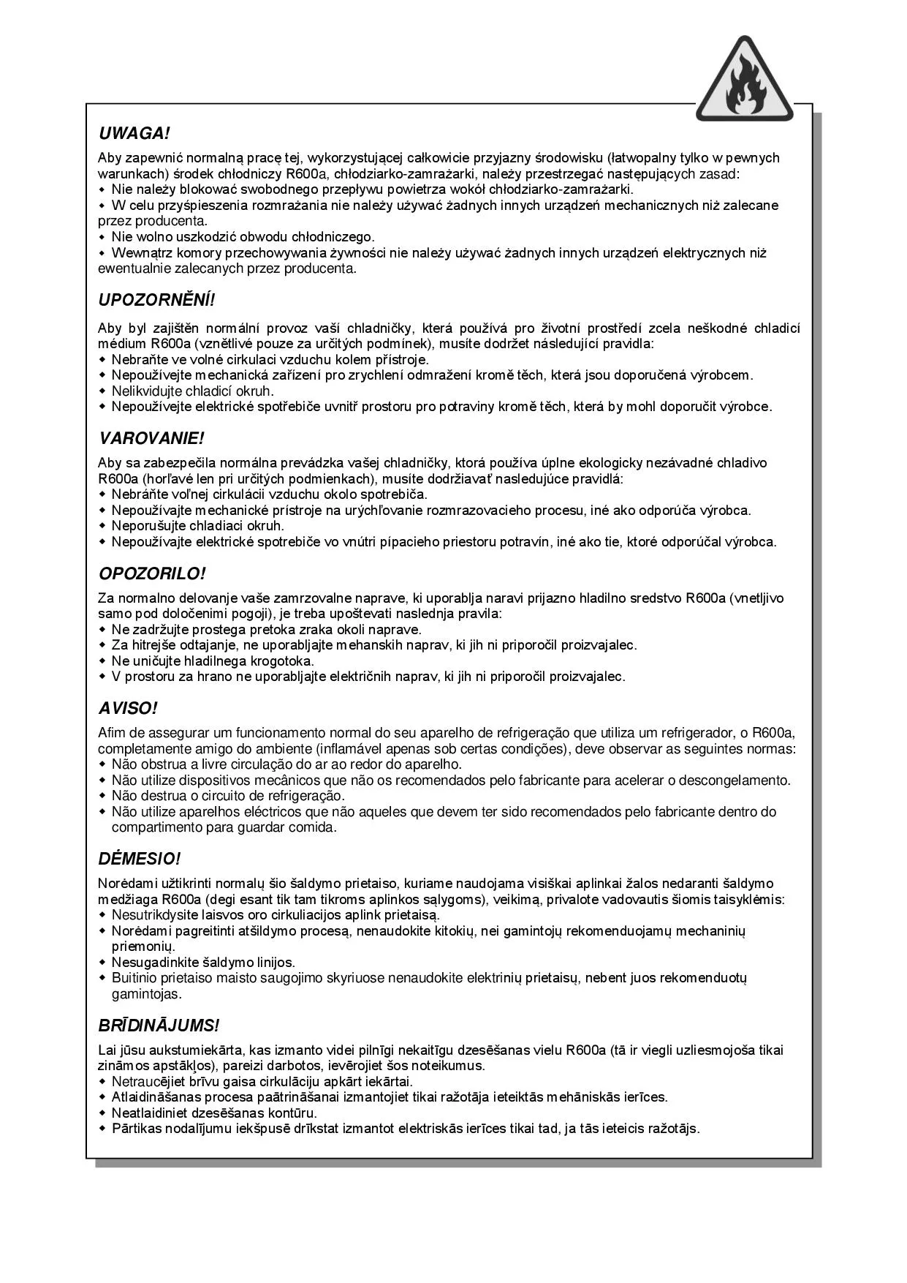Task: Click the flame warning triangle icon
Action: [x=744, y=81]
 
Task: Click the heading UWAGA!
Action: [x=134, y=134]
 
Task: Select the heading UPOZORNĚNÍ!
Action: [x=157, y=300]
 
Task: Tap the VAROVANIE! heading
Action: [x=151, y=439]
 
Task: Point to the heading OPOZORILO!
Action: [x=152, y=573]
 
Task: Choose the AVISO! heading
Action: [x=128, y=708]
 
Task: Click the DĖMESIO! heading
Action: [x=139, y=859]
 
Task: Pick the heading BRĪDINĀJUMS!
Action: [x=159, y=1026]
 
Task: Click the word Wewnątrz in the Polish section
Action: [x=137, y=253]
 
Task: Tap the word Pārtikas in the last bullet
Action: [x=134, y=1129]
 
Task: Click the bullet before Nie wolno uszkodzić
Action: [x=102, y=238]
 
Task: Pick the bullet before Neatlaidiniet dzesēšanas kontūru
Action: [x=102, y=1113]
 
